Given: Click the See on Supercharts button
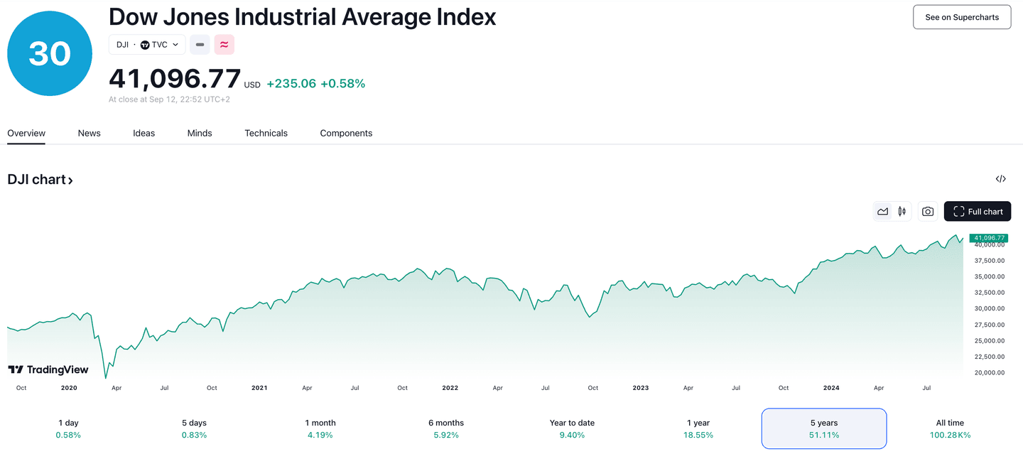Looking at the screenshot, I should (x=962, y=17).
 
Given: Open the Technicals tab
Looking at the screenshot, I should (x=266, y=134).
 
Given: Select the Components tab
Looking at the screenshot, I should (x=346, y=134).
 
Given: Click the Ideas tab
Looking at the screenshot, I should (x=144, y=134).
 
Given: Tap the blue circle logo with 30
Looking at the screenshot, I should (x=50, y=53).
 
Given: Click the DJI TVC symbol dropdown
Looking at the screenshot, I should (x=147, y=45).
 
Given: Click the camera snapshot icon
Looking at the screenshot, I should (x=927, y=212).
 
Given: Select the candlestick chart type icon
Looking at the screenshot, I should (x=902, y=212).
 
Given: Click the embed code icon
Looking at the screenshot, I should (x=1000, y=179).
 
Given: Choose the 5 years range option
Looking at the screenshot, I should (x=824, y=428).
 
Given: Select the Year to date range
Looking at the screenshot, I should (x=572, y=428).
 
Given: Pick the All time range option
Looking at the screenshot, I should (x=950, y=428).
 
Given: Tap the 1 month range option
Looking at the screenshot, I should (x=320, y=428).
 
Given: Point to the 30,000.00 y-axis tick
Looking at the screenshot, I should (x=989, y=309).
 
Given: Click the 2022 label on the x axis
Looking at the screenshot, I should (x=450, y=388).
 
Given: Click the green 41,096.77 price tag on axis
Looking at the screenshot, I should (x=989, y=238).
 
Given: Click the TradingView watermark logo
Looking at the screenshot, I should (x=48, y=369).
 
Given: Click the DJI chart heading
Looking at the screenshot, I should (x=40, y=180).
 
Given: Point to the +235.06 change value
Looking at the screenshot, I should (x=291, y=84).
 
